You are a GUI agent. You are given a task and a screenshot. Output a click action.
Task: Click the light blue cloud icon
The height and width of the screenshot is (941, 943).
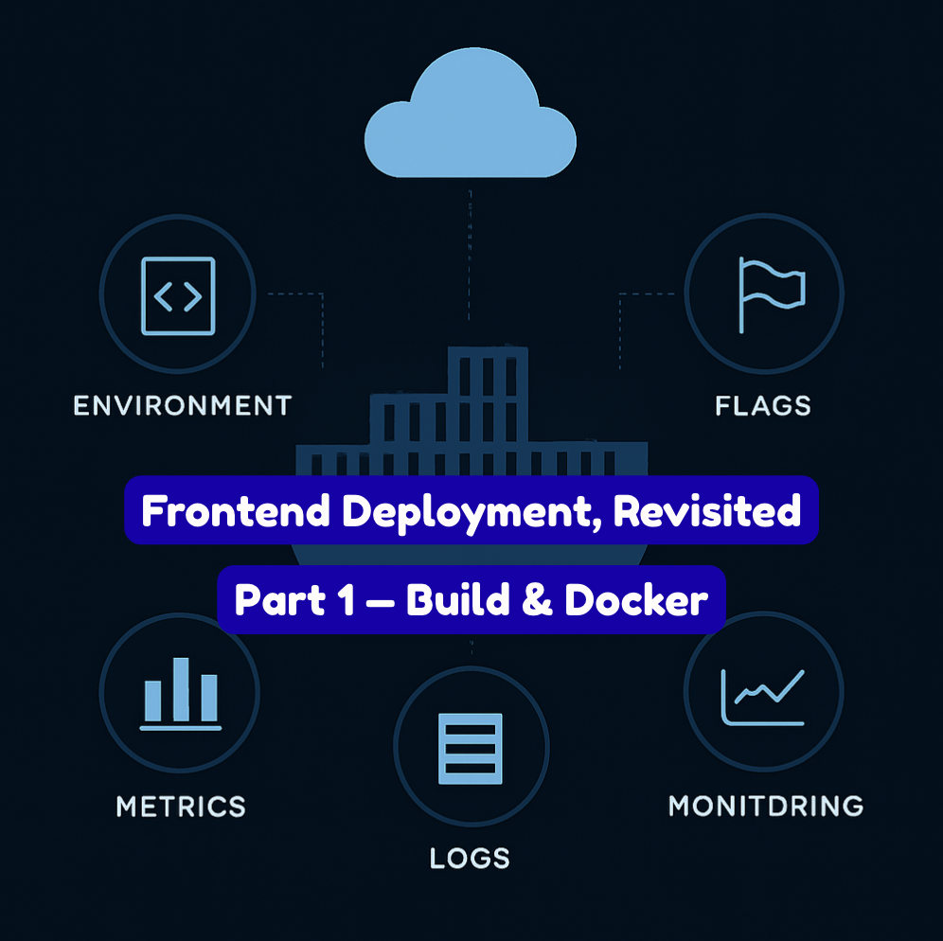[x=471, y=118]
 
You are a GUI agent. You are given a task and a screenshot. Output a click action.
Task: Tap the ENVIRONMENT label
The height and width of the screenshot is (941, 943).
[x=183, y=406]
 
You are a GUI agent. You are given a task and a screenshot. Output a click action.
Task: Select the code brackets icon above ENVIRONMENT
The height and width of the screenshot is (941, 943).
[x=178, y=296]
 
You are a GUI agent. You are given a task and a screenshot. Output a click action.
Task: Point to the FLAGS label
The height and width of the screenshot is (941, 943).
[x=763, y=406]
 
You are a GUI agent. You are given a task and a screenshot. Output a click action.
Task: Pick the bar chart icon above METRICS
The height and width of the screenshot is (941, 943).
[x=180, y=694]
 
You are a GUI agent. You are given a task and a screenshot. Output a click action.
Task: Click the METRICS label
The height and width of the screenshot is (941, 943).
[x=181, y=807]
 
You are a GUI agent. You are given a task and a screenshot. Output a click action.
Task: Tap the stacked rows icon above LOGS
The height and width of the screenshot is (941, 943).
[x=470, y=748]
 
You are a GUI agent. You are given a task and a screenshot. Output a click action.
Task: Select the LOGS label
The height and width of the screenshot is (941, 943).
[x=470, y=859]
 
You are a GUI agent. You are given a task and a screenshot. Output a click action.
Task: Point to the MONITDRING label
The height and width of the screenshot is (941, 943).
[x=766, y=807]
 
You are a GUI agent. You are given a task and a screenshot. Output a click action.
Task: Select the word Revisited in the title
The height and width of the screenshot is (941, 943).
[x=706, y=512]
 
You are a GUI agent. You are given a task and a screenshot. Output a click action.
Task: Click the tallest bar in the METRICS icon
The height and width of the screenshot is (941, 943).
[x=180, y=689]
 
